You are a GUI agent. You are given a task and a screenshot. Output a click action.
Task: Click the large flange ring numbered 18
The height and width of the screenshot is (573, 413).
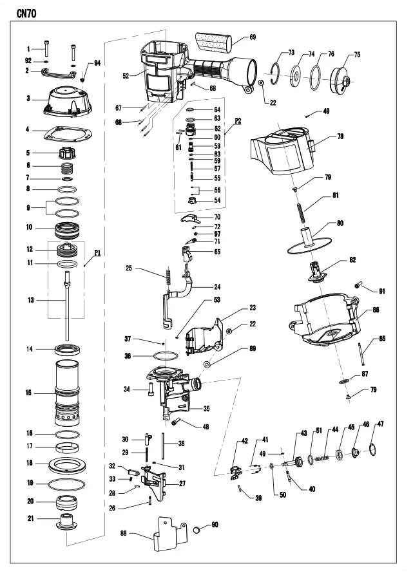[68, 464]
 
